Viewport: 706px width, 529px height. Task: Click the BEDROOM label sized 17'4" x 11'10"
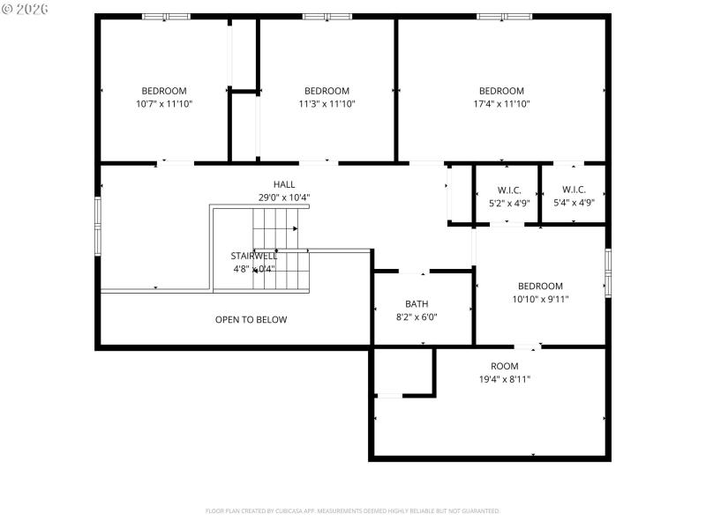point(501,91)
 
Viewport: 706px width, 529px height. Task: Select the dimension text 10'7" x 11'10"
point(164,104)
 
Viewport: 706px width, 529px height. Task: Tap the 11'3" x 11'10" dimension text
point(327,104)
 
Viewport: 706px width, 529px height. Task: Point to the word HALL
point(284,184)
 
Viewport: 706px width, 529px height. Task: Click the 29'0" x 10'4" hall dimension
point(284,197)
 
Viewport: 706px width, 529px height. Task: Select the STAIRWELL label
point(254,256)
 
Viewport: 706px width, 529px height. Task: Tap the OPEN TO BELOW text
point(251,319)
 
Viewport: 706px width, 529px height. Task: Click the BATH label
point(417,303)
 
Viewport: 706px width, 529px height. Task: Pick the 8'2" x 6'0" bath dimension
point(417,317)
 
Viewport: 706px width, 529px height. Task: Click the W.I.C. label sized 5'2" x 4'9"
point(509,190)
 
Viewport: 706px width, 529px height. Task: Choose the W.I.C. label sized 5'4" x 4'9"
point(574,190)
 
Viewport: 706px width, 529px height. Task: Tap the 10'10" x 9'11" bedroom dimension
point(540,299)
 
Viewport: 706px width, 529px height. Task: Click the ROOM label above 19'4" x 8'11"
point(505,366)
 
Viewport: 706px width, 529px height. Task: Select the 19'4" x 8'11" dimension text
point(505,379)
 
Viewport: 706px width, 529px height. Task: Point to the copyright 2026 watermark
point(25,9)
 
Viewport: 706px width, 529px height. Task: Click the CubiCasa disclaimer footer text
point(353,510)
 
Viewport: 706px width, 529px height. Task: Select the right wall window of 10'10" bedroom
point(607,272)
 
